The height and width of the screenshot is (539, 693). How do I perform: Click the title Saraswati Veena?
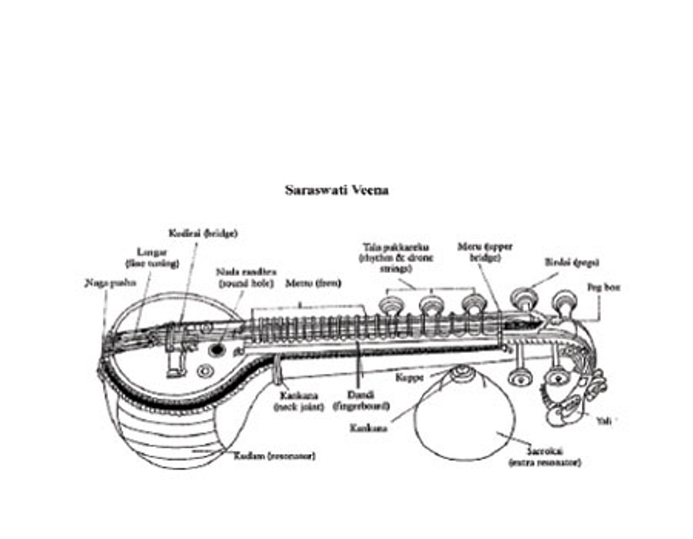(x=337, y=190)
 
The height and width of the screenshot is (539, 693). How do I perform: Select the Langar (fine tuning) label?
(x=152, y=258)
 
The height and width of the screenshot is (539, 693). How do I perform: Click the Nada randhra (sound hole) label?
(x=247, y=277)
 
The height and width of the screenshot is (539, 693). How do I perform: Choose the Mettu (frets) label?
(x=313, y=283)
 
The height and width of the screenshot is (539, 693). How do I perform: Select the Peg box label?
(x=603, y=287)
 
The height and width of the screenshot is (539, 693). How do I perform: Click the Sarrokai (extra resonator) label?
(x=545, y=456)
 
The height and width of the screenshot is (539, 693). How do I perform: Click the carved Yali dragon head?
(x=569, y=393)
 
